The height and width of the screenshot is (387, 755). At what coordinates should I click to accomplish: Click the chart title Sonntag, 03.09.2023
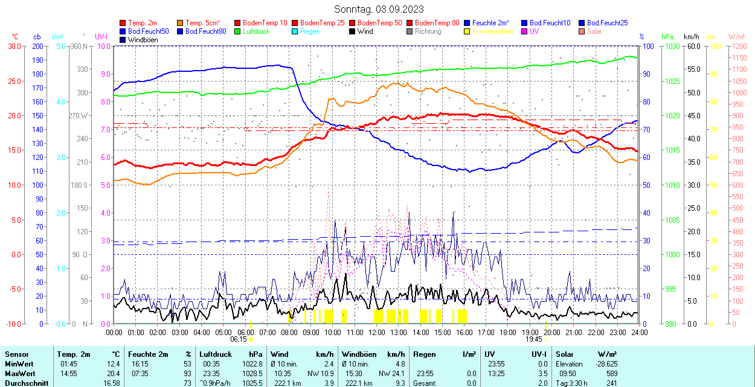(x=379, y=9)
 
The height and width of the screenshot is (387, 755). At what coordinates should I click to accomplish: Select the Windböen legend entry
(x=143, y=40)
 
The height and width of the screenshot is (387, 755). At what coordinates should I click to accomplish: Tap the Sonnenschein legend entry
(x=493, y=31)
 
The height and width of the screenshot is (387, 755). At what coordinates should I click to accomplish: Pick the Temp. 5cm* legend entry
(x=203, y=23)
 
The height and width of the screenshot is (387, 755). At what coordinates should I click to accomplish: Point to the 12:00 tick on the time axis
(x=377, y=332)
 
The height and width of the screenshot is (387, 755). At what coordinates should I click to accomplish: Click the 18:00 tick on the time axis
(x=508, y=332)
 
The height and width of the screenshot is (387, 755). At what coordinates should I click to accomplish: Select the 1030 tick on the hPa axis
(x=669, y=46)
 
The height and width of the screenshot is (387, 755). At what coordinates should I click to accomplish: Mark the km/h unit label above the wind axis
(x=691, y=37)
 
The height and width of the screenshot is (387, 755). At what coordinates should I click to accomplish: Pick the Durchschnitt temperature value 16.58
(x=111, y=383)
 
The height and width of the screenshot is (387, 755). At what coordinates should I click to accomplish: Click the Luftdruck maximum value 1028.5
(x=254, y=373)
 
